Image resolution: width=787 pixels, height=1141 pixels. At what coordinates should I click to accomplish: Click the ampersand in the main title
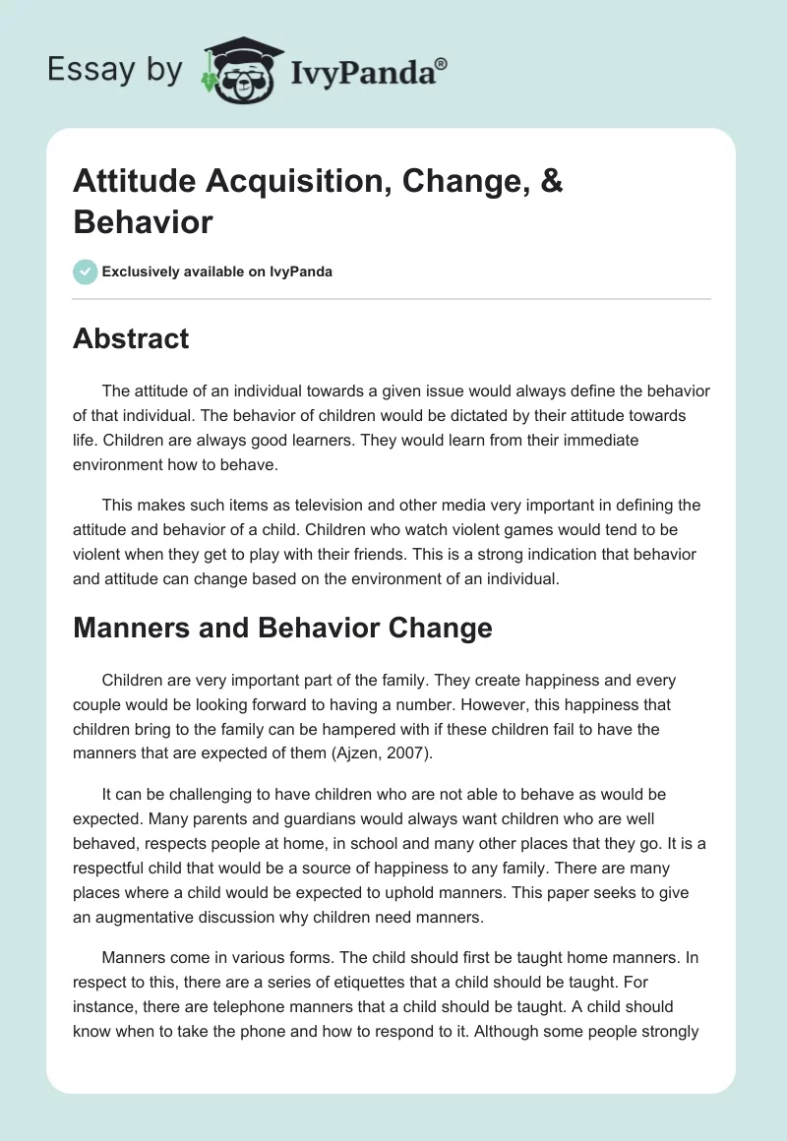click(x=550, y=183)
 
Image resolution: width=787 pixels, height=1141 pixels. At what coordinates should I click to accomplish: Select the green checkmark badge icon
click(x=85, y=271)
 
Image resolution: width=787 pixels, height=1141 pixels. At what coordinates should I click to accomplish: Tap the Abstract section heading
click(x=131, y=338)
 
